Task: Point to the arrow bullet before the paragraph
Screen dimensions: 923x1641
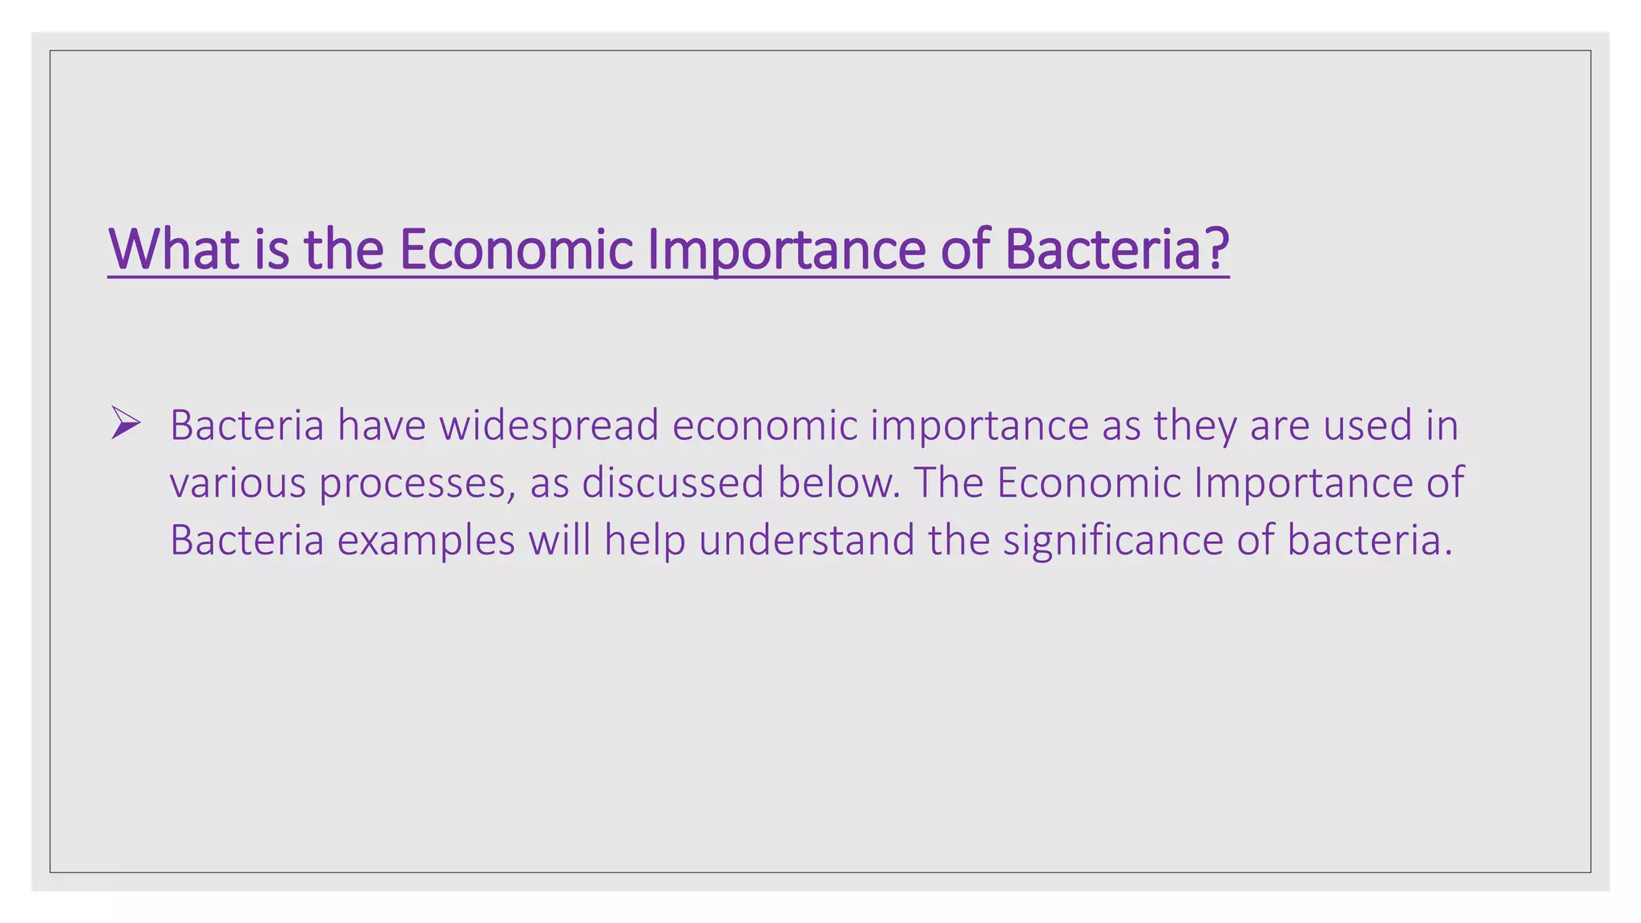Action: [126, 422]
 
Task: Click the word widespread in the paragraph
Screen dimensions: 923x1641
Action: [549, 425]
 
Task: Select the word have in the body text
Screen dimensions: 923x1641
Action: [381, 425]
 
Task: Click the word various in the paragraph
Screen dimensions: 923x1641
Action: [238, 483]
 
